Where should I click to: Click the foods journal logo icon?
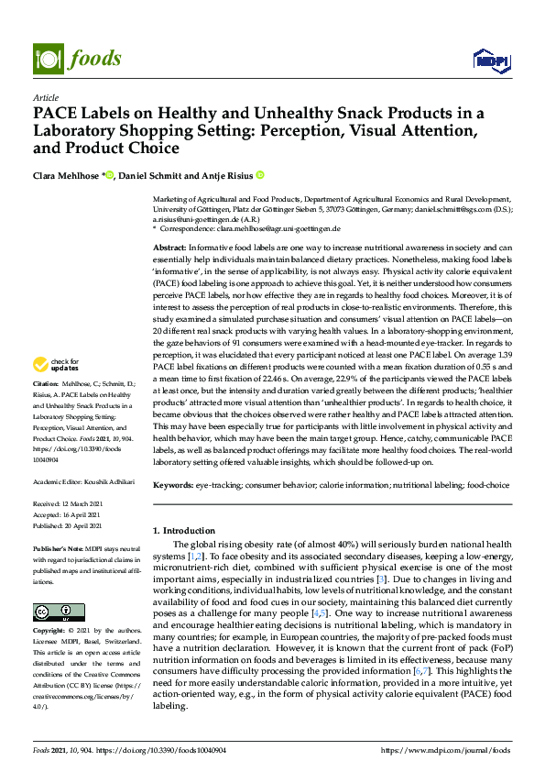[x=46, y=58]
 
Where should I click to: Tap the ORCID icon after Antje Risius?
[x=259, y=174]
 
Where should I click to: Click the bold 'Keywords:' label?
[x=173, y=483]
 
